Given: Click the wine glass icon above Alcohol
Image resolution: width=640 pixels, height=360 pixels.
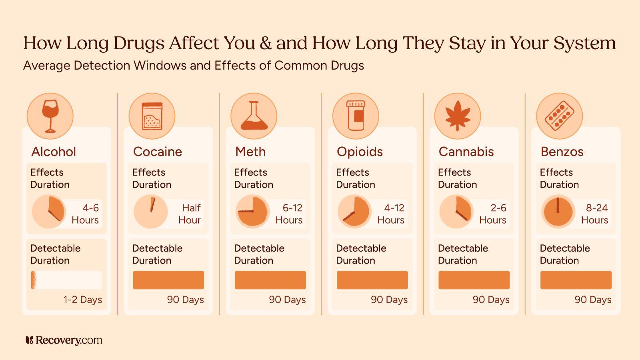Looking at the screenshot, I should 50,116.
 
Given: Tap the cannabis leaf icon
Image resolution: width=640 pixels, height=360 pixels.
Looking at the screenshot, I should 458,116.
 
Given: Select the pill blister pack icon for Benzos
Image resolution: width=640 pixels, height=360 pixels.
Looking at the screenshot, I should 559,116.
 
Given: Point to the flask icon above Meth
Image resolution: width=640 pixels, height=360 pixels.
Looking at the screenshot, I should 254,116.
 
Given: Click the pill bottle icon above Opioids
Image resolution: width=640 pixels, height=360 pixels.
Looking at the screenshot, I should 356,116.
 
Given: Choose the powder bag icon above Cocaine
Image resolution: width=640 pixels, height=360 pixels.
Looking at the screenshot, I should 152,116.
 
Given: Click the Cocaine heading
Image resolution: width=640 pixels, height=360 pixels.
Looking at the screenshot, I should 158,152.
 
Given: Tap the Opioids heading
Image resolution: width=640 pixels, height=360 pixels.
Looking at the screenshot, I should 360,152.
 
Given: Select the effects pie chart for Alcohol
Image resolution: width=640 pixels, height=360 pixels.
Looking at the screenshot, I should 49,212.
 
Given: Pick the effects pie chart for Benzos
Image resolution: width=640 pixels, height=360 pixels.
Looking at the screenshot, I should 558,212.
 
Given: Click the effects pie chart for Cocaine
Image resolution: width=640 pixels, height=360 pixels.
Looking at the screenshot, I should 151,212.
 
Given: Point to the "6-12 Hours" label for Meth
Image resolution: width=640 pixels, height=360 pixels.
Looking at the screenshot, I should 289,214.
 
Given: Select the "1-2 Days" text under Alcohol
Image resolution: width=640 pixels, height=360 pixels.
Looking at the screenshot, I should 83,300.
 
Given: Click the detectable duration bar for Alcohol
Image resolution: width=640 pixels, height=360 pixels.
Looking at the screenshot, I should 66,280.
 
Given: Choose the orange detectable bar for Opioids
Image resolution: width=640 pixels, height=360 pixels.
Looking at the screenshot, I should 372,280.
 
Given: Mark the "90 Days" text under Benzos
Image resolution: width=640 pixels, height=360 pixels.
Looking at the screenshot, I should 593,300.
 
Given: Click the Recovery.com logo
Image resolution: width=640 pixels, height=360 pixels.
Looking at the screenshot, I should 64,340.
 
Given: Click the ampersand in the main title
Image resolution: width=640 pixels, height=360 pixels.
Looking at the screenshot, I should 266,44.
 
